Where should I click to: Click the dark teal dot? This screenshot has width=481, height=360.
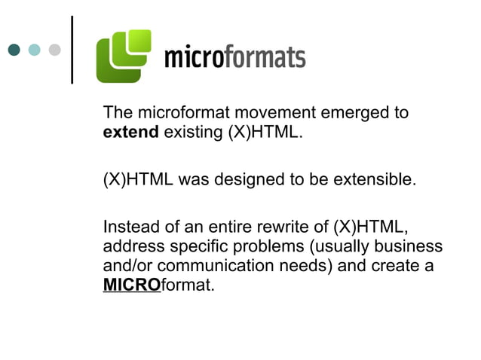pyautogui.click(x=14, y=50)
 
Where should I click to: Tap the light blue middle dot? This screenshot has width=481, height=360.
pyautogui.click(x=34, y=50)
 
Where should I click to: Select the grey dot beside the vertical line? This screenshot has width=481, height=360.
pyautogui.click(x=54, y=50)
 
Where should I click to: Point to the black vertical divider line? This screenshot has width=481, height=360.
pyautogui.click(x=72, y=49)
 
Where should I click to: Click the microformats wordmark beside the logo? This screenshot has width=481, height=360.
pyautogui.click(x=234, y=57)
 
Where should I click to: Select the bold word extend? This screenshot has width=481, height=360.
pyautogui.click(x=130, y=133)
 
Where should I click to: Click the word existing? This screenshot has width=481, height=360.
pyautogui.click(x=192, y=133)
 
